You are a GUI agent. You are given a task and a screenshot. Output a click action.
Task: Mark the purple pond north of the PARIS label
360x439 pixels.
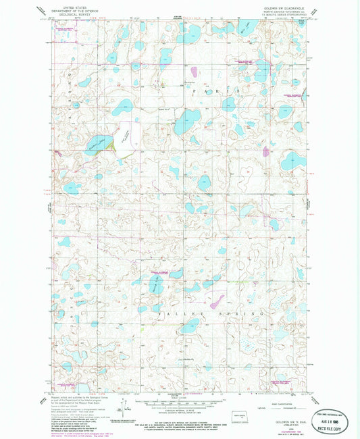coord(194,71)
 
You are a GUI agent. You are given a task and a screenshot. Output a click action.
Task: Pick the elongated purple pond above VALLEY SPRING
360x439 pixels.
coord(217,300)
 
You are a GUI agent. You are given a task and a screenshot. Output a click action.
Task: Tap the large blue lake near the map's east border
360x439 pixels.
coord(293,160)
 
